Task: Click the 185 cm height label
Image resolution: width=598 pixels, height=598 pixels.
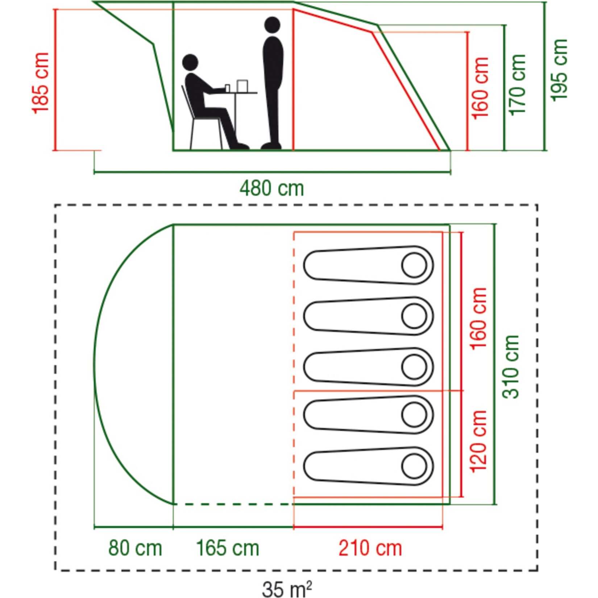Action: point(40,83)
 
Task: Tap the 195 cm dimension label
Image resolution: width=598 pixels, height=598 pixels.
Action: point(558,70)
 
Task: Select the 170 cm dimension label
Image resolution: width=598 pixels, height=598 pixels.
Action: point(517,85)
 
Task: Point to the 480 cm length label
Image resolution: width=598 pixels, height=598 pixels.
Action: point(272,189)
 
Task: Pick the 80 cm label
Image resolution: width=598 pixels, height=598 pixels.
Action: point(135,548)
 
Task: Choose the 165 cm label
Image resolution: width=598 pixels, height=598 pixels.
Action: point(228,548)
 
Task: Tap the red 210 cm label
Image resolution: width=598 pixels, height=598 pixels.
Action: point(370,548)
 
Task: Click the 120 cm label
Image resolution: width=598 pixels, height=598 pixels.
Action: point(478,441)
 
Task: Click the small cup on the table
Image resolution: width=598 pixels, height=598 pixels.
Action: point(228,88)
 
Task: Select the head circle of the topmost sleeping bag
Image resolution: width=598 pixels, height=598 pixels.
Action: point(414,265)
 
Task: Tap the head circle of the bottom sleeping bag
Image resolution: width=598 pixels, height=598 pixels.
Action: point(414,466)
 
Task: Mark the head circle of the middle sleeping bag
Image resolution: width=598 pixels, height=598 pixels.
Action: point(414,367)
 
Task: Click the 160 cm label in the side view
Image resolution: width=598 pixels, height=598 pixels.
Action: point(481,88)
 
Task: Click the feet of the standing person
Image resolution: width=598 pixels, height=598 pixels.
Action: point(271,146)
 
